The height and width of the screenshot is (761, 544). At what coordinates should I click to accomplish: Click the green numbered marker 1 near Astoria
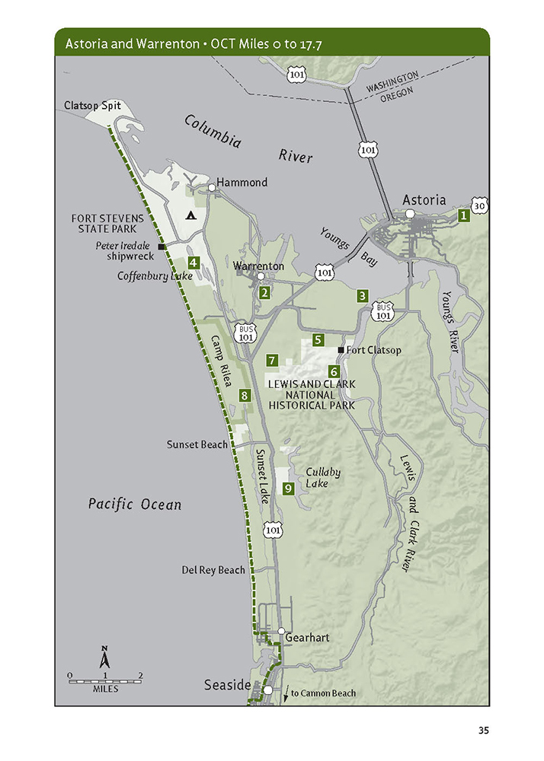coord(462,216)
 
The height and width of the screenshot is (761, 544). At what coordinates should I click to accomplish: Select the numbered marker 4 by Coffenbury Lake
coord(194,263)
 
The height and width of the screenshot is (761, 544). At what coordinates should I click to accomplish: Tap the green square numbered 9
coord(289,489)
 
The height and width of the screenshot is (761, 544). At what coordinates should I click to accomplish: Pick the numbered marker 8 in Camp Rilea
coord(244,395)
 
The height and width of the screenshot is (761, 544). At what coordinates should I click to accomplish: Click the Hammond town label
coord(242,183)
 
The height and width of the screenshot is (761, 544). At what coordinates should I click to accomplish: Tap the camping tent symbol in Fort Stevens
coord(190,215)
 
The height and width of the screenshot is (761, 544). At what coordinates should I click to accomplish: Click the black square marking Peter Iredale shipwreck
coord(162,247)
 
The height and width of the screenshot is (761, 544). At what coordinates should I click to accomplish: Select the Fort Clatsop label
coord(373,351)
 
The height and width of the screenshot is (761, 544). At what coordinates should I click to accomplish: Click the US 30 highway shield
coord(480,205)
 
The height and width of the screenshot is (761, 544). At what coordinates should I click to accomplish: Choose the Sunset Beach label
coord(197,444)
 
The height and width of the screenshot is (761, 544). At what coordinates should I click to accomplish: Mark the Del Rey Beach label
coord(213,570)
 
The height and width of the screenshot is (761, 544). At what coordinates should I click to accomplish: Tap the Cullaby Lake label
coord(322,477)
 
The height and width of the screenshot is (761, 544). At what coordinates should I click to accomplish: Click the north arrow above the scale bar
coord(105,657)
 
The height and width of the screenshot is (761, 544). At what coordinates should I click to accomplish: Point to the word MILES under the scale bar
coord(105,689)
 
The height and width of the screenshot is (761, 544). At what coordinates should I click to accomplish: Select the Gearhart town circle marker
coord(281,632)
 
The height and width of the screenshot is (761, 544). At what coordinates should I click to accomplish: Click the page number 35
coord(483,731)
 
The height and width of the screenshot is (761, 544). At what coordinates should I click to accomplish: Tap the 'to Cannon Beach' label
coord(323,693)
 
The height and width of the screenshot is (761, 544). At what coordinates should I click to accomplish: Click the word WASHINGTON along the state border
coord(392,83)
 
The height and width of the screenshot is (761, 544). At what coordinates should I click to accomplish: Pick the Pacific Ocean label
coord(134,504)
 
